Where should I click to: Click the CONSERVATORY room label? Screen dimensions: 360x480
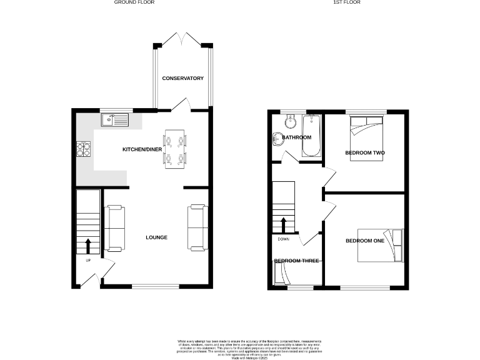coord(183,78)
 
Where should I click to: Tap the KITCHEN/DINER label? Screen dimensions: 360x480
coord(142,150)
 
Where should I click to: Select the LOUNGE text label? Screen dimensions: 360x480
coord(156,237)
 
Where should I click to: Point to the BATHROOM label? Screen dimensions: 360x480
coord(296,137)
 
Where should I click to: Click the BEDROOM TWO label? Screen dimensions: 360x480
coord(364,152)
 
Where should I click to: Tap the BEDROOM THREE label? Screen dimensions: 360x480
coord(296,261)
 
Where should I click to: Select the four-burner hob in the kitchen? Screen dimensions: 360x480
coord(84,149)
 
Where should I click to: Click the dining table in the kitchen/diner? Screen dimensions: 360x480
coord(174,149)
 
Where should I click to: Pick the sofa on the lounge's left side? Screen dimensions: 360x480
coord(114,227)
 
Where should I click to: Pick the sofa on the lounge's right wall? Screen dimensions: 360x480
coord(197,227)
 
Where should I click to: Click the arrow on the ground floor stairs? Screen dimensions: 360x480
coord(87,244)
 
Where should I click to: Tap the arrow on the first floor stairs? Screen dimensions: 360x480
coord(283,224)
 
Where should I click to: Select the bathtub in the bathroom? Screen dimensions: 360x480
coord(311,135)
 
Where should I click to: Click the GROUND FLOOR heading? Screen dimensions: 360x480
coord(134,2)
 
